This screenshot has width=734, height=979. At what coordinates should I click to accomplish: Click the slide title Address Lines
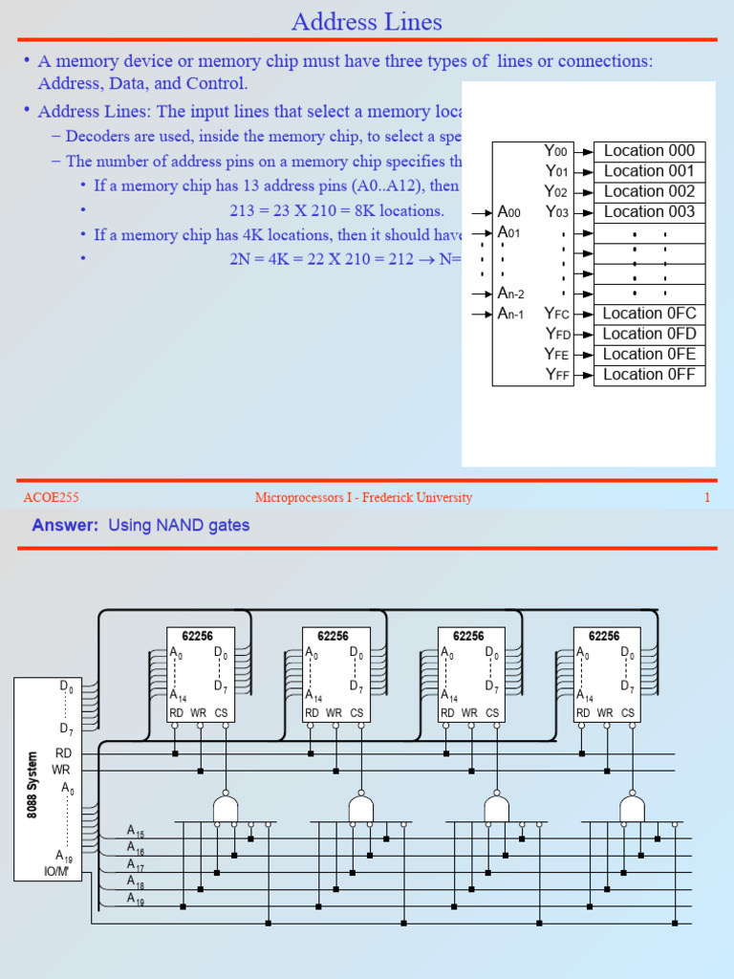(x=367, y=21)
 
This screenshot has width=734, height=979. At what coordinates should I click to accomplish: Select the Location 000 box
(x=649, y=151)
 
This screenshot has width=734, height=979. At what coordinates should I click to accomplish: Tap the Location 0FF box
(x=649, y=375)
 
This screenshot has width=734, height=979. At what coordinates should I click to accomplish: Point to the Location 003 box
(x=649, y=212)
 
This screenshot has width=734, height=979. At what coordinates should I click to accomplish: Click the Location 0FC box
(x=649, y=314)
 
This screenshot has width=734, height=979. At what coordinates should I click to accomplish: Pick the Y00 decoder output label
(x=555, y=151)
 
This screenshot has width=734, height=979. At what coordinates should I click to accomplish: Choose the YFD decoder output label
(x=556, y=334)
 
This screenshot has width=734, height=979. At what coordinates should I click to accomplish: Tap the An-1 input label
(x=510, y=314)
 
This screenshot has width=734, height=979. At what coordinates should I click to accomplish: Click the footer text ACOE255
(x=51, y=497)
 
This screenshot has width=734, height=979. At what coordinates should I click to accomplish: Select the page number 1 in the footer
(x=707, y=497)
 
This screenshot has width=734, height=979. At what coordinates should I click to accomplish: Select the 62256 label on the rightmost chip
(x=604, y=636)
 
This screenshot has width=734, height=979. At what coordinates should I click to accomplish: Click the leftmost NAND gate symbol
(x=226, y=808)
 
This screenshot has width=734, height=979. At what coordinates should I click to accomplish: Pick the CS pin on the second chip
(x=356, y=712)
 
